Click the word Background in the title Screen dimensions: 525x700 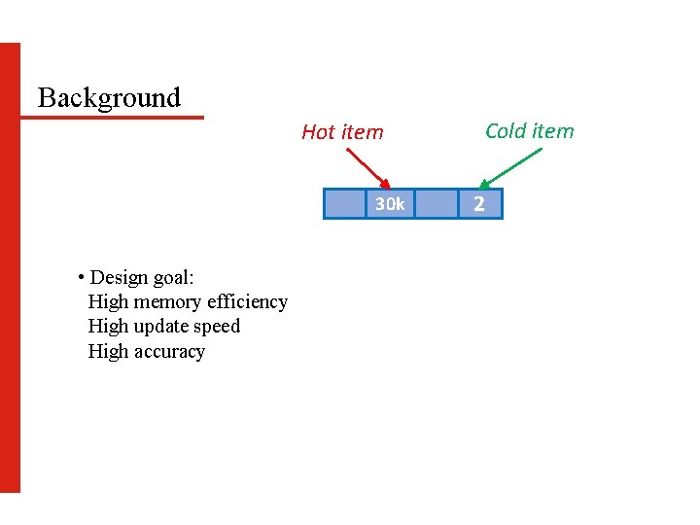[x=109, y=97]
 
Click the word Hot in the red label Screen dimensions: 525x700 [x=318, y=132]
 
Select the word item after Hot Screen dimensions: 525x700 [x=362, y=132]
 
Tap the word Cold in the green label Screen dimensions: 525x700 [x=506, y=131]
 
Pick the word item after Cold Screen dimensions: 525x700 [x=553, y=131]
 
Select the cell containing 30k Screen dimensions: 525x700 [x=390, y=204]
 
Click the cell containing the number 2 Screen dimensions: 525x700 [x=478, y=204]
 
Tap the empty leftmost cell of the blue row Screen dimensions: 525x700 [x=344, y=204]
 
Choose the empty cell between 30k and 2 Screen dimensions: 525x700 [x=435, y=204]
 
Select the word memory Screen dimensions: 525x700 [x=170, y=302]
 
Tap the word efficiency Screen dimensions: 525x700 [x=248, y=302]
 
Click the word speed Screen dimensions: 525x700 [x=218, y=327]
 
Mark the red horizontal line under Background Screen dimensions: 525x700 [x=112, y=118]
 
